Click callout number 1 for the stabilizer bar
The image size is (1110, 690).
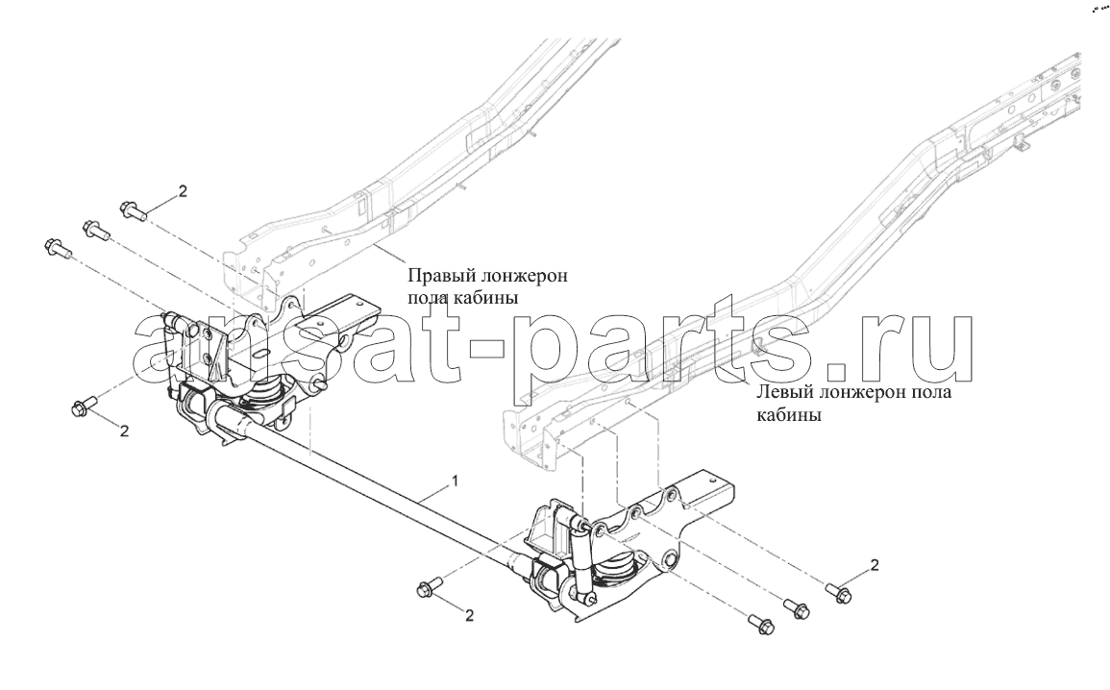point(456,481)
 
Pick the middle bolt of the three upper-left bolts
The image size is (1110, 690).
point(95,229)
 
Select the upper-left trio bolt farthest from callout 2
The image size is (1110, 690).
point(57,248)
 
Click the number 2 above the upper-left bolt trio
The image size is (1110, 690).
point(183,190)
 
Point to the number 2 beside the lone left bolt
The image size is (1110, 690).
point(124,431)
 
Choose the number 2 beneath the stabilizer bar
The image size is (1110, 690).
point(469,615)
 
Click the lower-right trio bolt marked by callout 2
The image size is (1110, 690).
point(839,592)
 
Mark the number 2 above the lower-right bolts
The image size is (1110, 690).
point(875,564)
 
